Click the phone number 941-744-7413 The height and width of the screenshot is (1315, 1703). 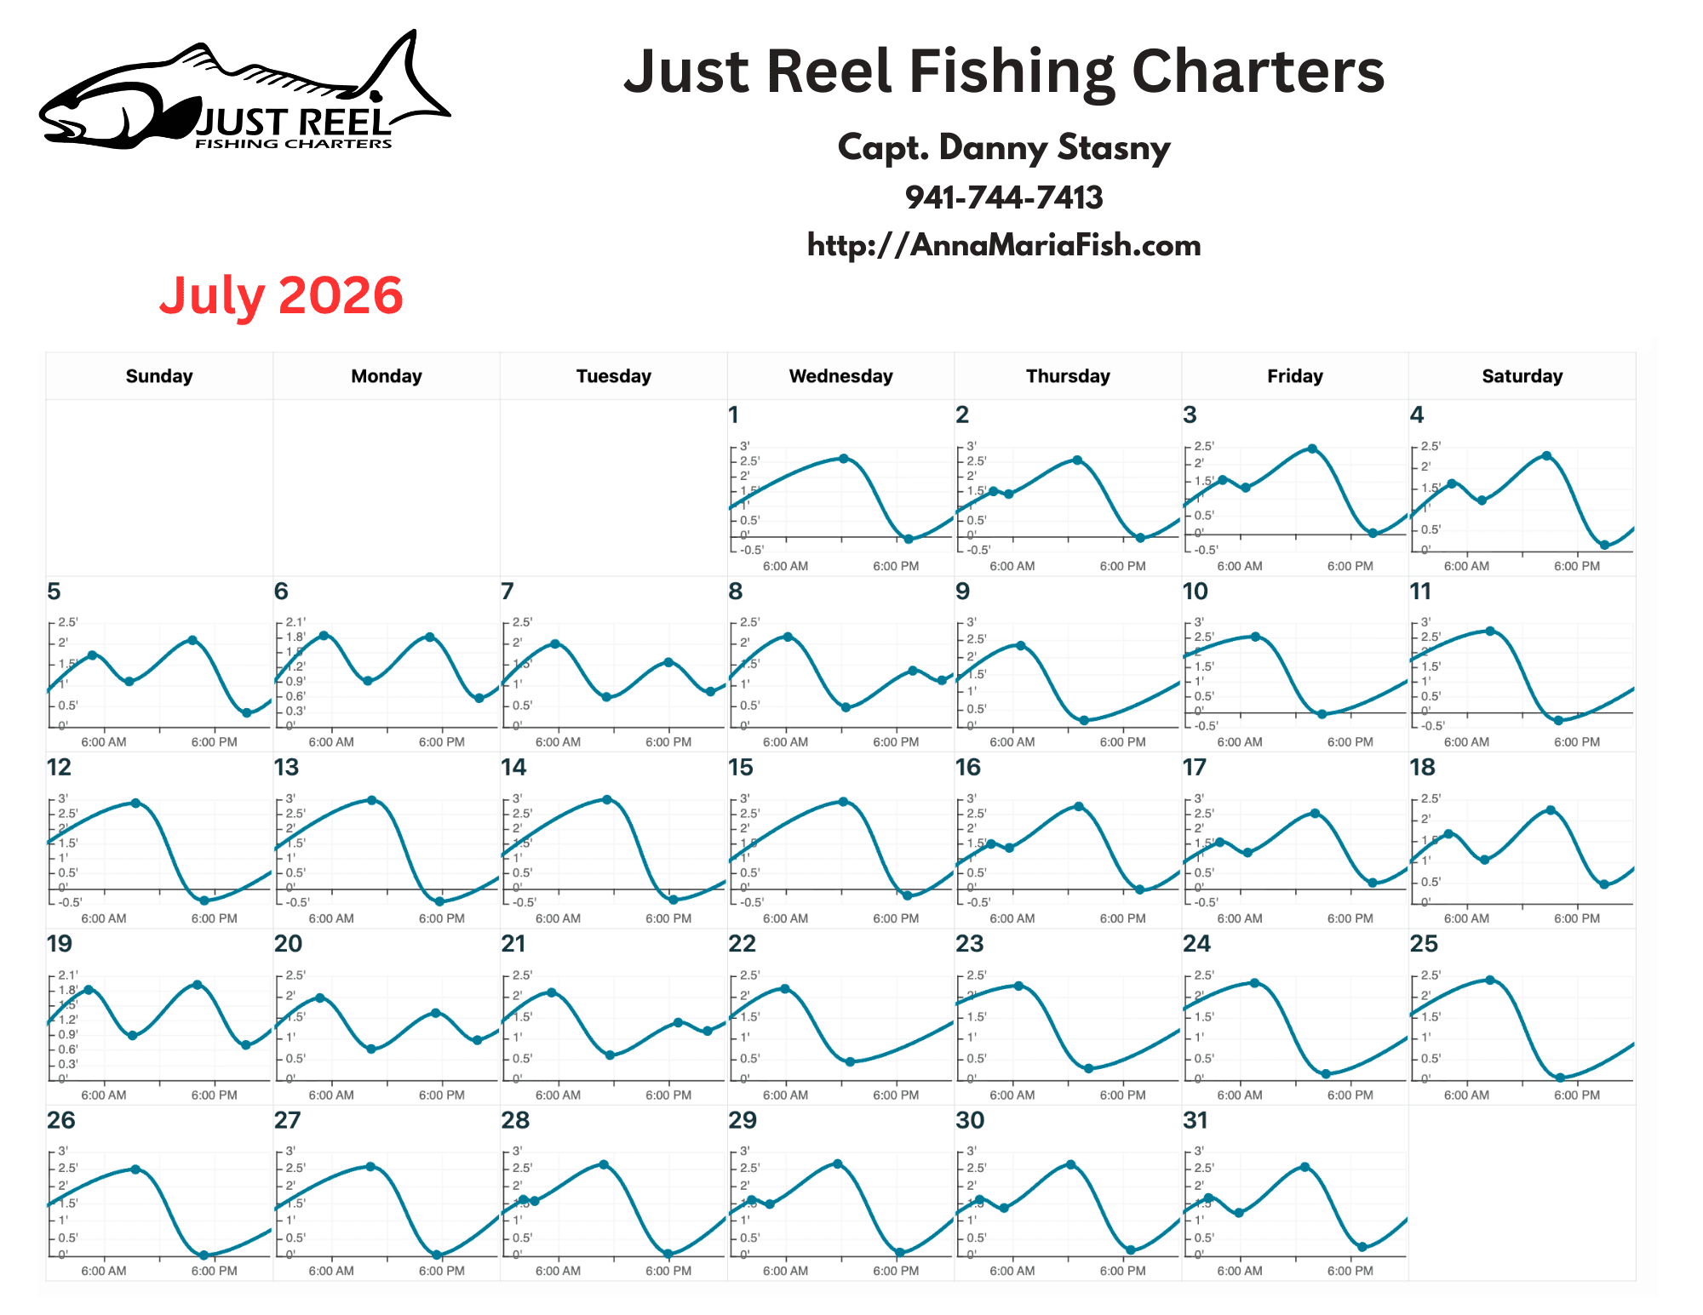tap(1003, 197)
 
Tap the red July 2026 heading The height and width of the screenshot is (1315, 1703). tap(281, 295)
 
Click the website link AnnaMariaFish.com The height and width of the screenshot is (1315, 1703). tap(1003, 245)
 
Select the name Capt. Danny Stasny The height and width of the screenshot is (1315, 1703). tap(1003, 147)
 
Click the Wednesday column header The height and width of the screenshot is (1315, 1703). tap(840, 376)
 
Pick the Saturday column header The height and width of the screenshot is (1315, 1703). tap(1522, 376)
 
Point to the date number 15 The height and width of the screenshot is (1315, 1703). tap(741, 768)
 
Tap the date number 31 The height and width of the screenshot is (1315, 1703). tap(1196, 1120)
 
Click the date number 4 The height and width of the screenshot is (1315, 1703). tap(1417, 415)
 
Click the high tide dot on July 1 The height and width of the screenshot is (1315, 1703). tap(844, 459)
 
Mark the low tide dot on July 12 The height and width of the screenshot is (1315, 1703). tap(204, 900)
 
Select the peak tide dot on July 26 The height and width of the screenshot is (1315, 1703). tap(135, 1169)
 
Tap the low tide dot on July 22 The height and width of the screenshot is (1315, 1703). tap(850, 1061)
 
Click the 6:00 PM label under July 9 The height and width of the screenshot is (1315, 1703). tap(1122, 742)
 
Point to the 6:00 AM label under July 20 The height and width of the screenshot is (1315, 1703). tap(331, 1095)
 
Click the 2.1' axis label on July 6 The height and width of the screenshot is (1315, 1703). tap(295, 622)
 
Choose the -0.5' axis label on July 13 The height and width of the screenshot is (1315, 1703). tap(297, 902)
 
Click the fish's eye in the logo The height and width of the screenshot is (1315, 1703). tap(376, 95)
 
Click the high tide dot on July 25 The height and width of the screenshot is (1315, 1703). tap(1489, 981)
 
